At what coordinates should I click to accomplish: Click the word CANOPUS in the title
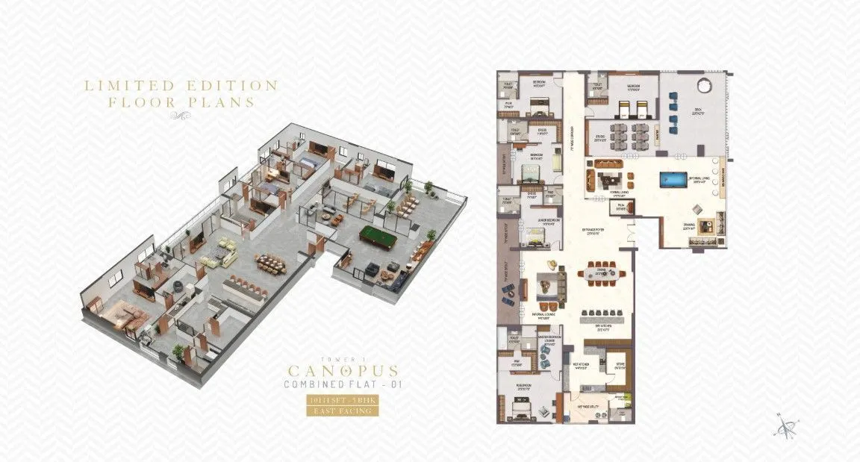click(x=343, y=369)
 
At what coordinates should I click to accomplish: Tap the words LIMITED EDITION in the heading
click(x=181, y=86)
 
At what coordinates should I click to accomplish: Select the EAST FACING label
click(x=343, y=410)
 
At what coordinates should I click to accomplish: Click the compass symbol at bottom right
click(x=785, y=428)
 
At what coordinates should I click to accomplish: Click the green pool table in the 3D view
click(x=380, y=239)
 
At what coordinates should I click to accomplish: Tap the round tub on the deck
click(x=705, y=82)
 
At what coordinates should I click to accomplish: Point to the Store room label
click(x=619, y=366)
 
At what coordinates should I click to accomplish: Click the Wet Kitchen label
click(x=582, y=365)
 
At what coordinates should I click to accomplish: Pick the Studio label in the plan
click(x=599, y=137)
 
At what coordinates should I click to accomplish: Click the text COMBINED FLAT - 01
click(x=343, y=386)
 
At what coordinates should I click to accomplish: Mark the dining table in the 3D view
click(x=274, y=263)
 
